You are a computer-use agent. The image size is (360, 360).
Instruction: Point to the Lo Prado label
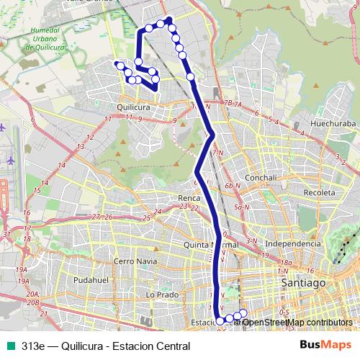coord(161,294)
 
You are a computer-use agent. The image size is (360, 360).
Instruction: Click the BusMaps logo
coord(323,346)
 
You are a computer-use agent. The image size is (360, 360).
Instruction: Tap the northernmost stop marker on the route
coord(168,20)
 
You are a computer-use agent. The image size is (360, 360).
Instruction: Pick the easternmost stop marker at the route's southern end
coord(243,312)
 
